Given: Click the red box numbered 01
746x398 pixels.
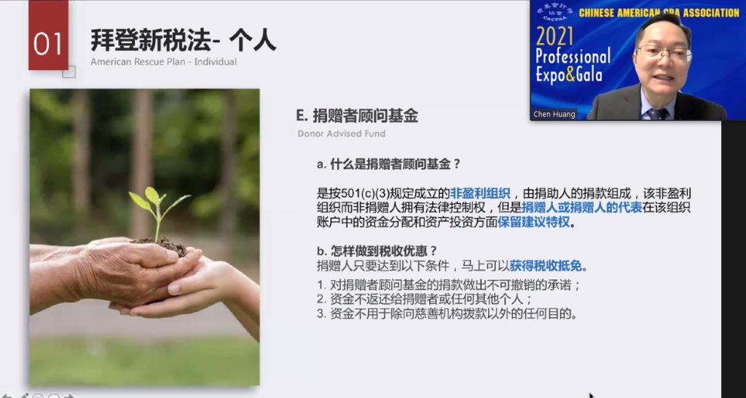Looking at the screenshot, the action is (x=49, y=35).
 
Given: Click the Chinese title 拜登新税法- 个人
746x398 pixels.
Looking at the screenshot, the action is (x=183, y=41).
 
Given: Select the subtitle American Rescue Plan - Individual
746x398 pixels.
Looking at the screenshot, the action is (x=164, y=62).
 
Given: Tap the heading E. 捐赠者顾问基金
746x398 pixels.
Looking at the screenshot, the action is (x=357, y=116).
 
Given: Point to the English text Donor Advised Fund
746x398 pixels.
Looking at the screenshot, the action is (x=342, y=134).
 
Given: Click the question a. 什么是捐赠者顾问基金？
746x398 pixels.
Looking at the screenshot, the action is (x=389, y=165).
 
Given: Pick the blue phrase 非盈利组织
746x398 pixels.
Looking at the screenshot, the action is (x=480, y=193).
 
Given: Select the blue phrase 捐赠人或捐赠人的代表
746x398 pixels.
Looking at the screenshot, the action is (x=582, y=208).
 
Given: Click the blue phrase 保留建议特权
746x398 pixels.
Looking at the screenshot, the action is (x=533, y=222).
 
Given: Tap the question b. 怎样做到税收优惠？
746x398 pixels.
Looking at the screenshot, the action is (x=377, y=251).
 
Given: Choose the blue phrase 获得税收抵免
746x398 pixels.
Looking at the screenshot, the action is (x=546, y=265).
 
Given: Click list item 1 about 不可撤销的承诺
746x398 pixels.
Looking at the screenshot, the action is (x=449, y=285).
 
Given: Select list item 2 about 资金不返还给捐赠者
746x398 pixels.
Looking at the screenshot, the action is (x=425, y=300).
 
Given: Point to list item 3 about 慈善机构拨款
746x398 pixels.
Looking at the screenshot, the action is (x=447, y=314).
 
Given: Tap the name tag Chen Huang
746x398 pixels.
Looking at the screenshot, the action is (x=554, y=114).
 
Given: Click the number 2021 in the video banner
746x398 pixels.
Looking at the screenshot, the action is (x=554, y=37).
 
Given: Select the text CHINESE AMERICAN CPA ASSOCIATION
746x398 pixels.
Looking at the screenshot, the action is (x=659, y=13).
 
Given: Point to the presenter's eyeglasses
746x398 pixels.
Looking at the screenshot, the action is (x=663, y=52).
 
